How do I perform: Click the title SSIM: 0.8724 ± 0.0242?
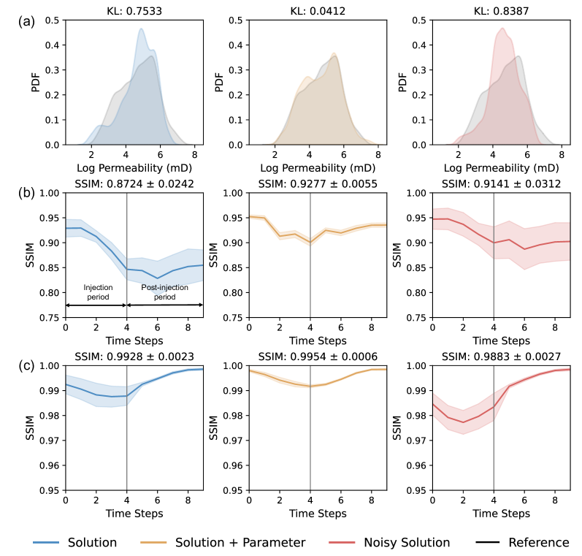pyautogui.click(x=134, y=183)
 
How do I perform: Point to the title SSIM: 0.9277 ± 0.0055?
pyautogui.click(x=318, y=183)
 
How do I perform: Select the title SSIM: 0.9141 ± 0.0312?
pyautogui.click(x=501, y=183)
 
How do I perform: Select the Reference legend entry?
pyautogui.click(x=538, y=542)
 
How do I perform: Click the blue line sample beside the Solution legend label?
pyautogui.click(x=47, y=542)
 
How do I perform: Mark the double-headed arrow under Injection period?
pyautogui.click(x=96, y=305)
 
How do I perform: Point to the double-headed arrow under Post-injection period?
pyautogui.click(x=165, y=305)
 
